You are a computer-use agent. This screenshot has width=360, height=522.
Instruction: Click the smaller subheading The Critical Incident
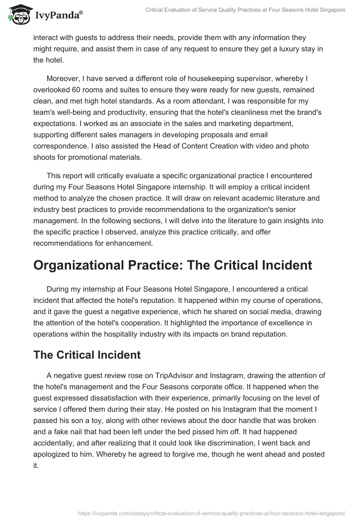[x=87, y=355]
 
